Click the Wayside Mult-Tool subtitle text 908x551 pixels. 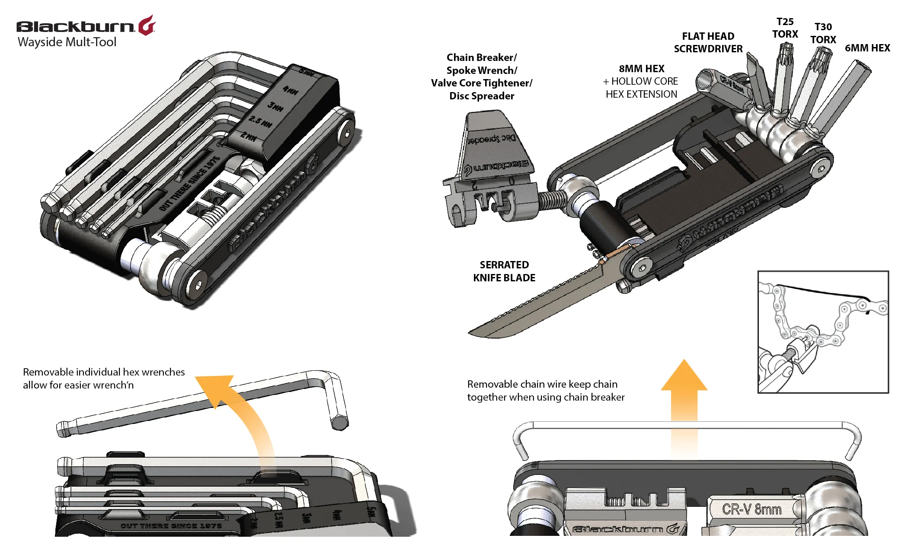pos(67,42)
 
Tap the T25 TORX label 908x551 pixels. pos(785,28)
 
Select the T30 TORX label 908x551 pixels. pos(823,33)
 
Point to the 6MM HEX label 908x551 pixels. pos(867,48)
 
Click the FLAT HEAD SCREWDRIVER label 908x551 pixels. pos(708,42)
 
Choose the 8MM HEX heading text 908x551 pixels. pos(641,69)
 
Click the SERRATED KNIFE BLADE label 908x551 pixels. pos(504,271)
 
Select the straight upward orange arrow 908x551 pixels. pos(684,389)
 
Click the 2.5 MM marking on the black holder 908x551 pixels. pos(261,121)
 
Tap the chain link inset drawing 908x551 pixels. pos(822,331)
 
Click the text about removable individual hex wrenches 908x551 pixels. pos(103,378)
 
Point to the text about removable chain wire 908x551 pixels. pos(545,390)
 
